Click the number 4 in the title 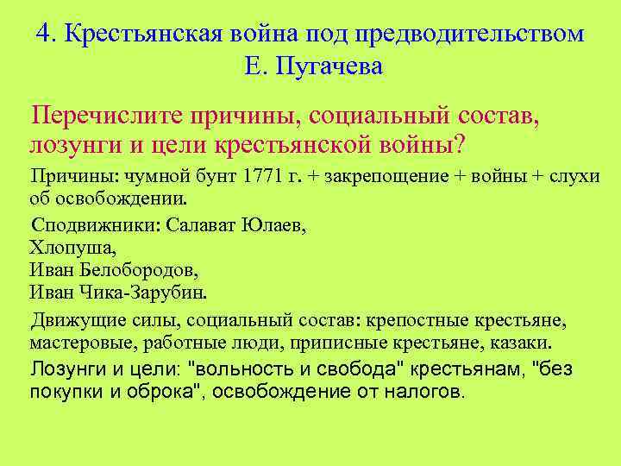coord(44,33)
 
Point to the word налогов coord(424,392)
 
